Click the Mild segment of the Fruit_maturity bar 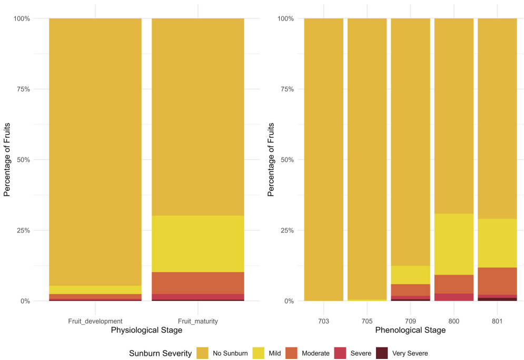coord(197,244)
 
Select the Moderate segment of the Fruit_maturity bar coord(197,283)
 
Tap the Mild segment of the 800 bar coord(453,244)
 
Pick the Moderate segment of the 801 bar coord(497,281)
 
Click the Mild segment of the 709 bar coord(410,275)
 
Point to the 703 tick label coord(323,320)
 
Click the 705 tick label coord(367,320)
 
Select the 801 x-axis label coord(497,320)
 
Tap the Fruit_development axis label coord(95,320)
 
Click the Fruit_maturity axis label coord(197,320)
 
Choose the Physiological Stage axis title coord(146,330)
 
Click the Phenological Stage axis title coord(410,330)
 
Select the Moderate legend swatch coord(293,353)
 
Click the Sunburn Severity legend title coord(160,353)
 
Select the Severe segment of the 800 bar coord(453,297)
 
